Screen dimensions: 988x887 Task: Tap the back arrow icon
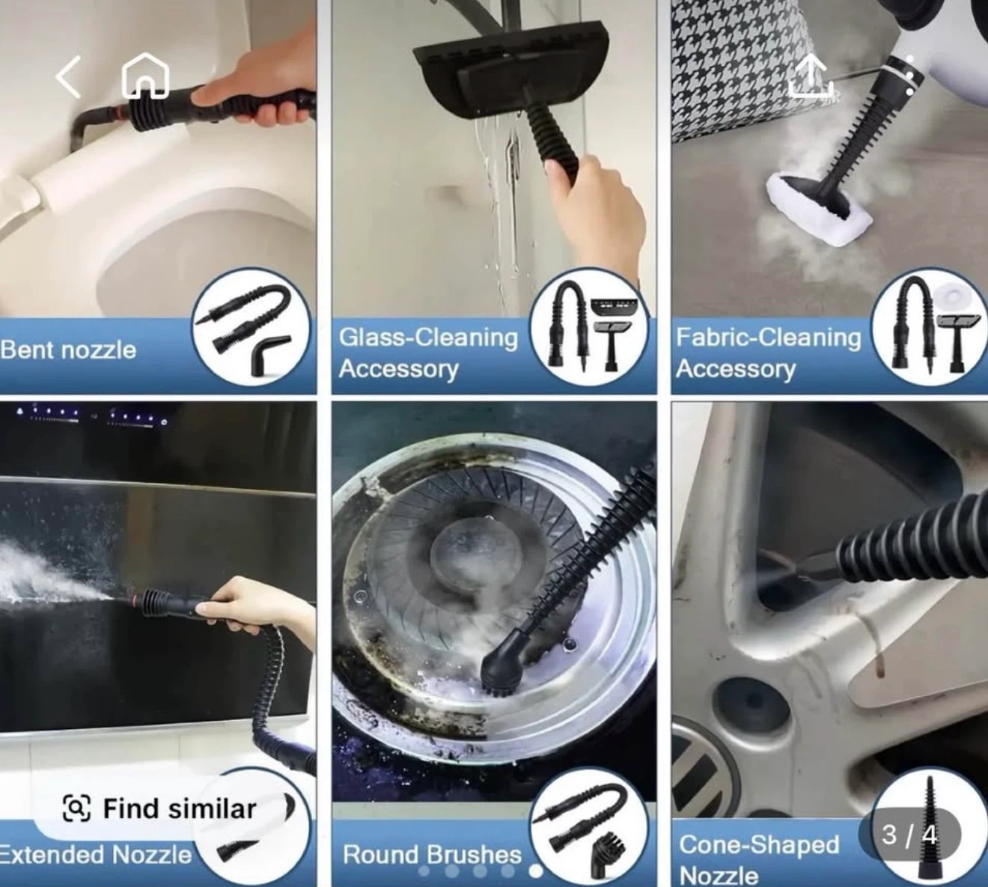pos(68,77)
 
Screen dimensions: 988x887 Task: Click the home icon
pos(145,76)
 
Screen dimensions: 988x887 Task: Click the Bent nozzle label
pos(68,350)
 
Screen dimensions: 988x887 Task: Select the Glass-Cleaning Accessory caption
pos(428,353)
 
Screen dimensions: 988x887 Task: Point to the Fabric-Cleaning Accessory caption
pos(768,353)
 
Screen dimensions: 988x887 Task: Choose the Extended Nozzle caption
pos(96,854)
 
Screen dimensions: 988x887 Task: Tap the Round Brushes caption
pos(432,854)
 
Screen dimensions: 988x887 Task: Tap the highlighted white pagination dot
pos(536,871)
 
